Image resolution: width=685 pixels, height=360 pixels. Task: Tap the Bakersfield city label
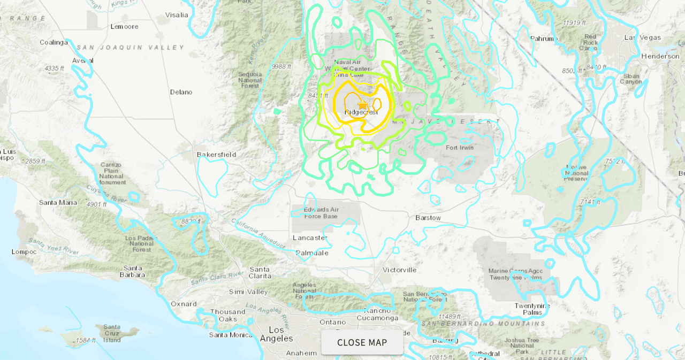(x=216, y=154)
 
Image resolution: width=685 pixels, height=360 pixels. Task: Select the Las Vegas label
(x=643, y=37)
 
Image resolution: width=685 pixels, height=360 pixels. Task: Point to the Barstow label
(x=428, y=218)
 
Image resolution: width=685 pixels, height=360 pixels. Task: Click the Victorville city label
(x=399, y=270)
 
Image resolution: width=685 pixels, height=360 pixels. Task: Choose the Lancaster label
(x=310, y=238)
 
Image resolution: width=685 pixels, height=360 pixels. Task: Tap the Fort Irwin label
(x=460, y=148)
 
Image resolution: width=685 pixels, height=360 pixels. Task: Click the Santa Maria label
(x=58, y=202)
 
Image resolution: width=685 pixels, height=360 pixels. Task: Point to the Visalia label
(x=177, y=14)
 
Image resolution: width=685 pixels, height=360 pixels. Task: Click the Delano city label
(x=181, y=92)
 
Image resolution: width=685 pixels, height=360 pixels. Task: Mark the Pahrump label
(x=544, y=39)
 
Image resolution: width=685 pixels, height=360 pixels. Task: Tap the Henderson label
(x=660, y=56)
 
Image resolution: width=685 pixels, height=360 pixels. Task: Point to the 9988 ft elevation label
(x=281, y=66)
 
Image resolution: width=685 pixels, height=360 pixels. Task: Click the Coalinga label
(x=54, y=42)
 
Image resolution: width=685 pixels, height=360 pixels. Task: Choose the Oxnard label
(x=184, y=304)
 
